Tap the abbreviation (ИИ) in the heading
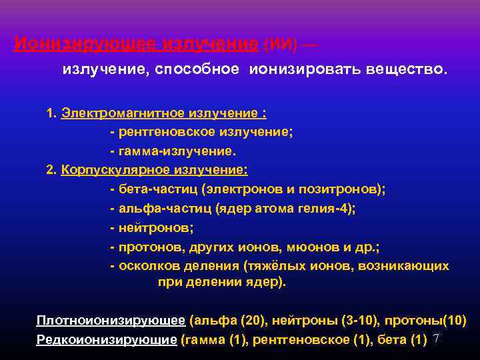click(x=279, y=45)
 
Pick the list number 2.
click(x=51, y=169)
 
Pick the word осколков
click(x=146, y=266)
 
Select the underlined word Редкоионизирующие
click(x=107, y=339)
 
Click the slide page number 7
click(x=436, y=339)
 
